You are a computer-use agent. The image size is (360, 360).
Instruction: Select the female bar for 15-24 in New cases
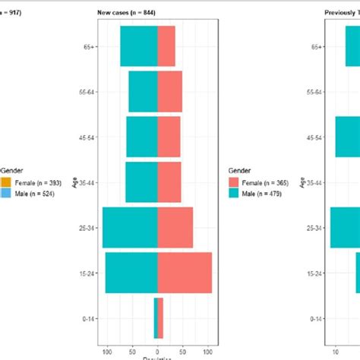click(185, 273)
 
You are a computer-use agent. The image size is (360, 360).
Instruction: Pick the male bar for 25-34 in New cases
click(130, 227)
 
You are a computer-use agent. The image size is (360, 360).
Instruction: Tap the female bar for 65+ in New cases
click(166, 46)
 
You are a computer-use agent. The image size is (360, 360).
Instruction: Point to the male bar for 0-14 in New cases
click(156, 317)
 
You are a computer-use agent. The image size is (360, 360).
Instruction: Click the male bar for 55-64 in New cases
click(143, 91)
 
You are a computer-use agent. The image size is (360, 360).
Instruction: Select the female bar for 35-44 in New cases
click(169, 182)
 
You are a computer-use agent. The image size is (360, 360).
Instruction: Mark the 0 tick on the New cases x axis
click(157, 352)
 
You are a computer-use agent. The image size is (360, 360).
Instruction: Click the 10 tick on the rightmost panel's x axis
click(335, 352)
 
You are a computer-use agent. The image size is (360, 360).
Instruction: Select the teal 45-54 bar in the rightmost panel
click(347, 137)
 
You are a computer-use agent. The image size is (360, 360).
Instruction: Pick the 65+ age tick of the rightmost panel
click(315, 46)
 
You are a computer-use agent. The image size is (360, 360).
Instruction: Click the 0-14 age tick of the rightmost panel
click(315, 318)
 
